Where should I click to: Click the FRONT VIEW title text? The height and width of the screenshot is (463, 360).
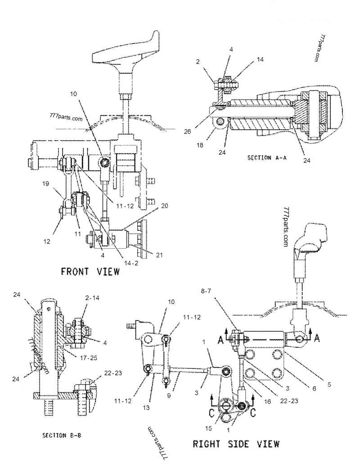[90, 271]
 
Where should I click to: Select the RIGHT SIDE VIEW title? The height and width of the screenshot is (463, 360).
[236, 444]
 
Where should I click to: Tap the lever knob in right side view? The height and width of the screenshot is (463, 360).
[310, 239]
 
